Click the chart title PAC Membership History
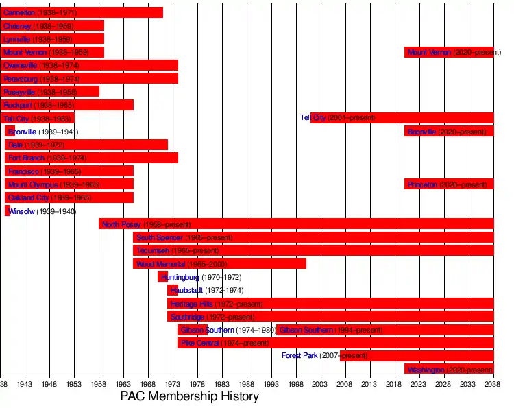click(x=190, y=396)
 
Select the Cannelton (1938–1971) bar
click(x=82, y=12)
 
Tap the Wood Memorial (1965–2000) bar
click(x=219, y=263)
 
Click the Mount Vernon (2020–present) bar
click(x=449, y=52)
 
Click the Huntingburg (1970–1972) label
click(x=201, y=277)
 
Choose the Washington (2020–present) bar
click(x=449, y=370)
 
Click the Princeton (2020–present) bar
click(x=449, y=184)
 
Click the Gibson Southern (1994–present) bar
click(x=384, y=330)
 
